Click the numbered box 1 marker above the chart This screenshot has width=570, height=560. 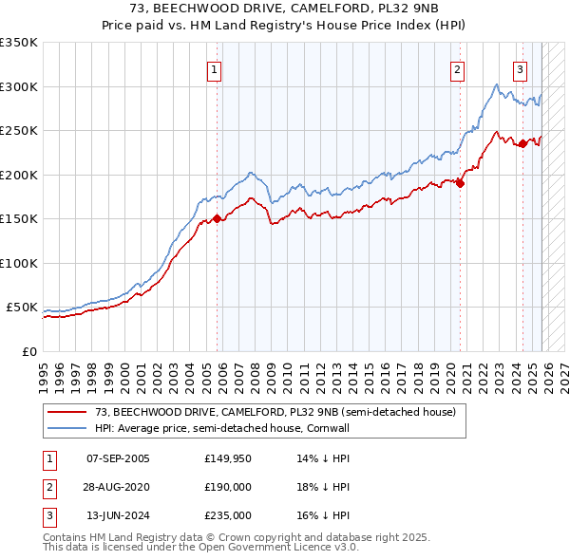[215, 68]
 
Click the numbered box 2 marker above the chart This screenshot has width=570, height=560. [458, 68]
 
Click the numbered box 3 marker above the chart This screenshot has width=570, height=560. [521, 68]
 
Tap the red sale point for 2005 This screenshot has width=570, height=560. [217, 218]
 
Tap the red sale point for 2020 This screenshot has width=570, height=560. [460, 183]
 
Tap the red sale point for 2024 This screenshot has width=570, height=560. [522, 143]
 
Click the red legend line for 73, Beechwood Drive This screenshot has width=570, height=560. [67, 412]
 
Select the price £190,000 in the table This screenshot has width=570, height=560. [228, 487]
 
